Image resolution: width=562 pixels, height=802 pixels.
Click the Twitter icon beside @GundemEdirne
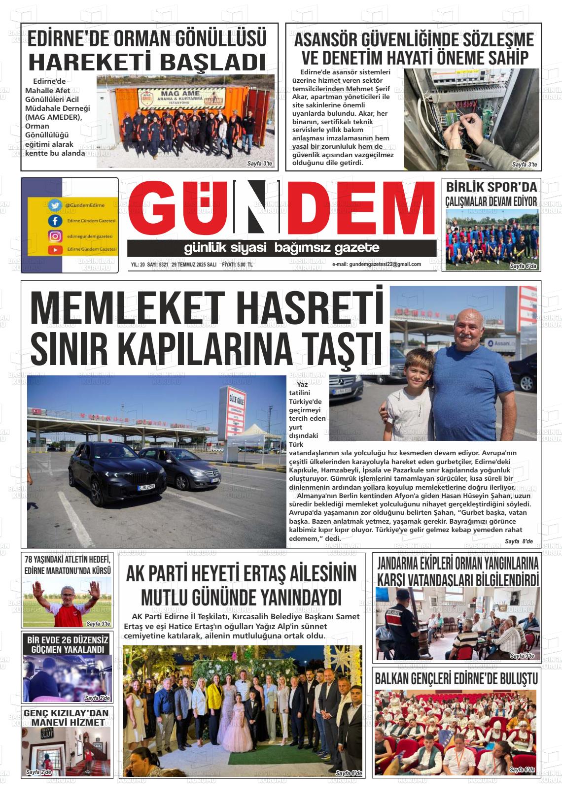(x=55, y=205)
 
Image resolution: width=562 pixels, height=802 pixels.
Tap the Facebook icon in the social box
(x=55, y=220)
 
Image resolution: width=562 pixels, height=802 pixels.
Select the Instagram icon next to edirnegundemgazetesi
(x=55, y=236)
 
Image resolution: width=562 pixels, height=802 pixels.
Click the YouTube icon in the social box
(x=55, y=250)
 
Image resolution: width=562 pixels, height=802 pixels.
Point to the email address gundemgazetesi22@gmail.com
(x=377, y=265)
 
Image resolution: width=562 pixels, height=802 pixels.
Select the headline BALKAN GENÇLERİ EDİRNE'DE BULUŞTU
(x=456, y=678)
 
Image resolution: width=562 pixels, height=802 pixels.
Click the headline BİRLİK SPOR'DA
(x=491, y=187)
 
